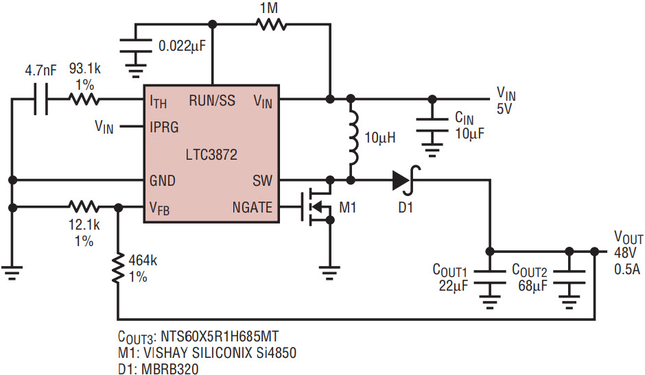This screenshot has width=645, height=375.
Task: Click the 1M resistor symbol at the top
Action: pyautogui.click(x=271, y=24)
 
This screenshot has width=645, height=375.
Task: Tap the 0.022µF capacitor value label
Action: pyautogui.click(x=182, y=46)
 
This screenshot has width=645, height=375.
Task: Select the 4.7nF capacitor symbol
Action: pyautogui.click(x=40, y=99)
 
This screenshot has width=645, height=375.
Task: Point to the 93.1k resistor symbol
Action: pyautogui.click(x=84, y=99)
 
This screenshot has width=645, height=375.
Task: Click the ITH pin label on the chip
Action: pyautogui.click(x=159, y=101)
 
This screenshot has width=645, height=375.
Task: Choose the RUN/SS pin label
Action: pyautogui.click(x=212, y=100)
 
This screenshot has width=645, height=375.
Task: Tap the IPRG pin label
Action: pyautogui.click(x=164, y=127)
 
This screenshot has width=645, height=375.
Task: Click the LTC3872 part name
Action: pyautogui.click(x=211, y=155)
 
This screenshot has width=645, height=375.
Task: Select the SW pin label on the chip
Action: pyautogui.click(x=262, y=180)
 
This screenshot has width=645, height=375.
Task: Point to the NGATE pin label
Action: pyautogui.click(x=252, y=207)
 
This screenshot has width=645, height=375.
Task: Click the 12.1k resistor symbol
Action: pyautogui.click(x=84, y=207)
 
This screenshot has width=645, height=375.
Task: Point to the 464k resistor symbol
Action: pyautogui.click(x=118, y=268)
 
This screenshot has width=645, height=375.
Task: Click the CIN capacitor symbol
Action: pyautogui.click(x=432, y=125)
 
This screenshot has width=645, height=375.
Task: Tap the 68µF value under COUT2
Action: pyautogui.click(x=532, y=285)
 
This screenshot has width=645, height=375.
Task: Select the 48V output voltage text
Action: pyautogui.click(x=625, y=252)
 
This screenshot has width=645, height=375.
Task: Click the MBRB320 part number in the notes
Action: pyautogui.click(x=170, y=369)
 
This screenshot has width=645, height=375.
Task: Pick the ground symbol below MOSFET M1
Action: pyautogui.click(x=329, y=272)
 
